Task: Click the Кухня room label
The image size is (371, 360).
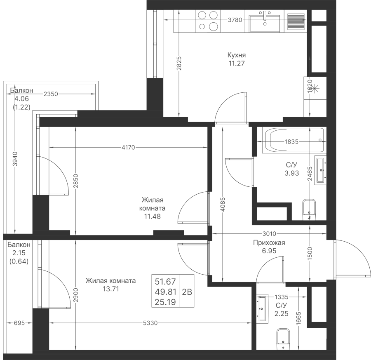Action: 236,55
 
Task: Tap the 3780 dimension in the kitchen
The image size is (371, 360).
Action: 235,20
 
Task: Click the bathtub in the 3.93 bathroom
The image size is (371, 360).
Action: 294,140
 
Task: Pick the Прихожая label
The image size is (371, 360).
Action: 269,242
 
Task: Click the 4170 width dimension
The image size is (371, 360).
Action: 128,148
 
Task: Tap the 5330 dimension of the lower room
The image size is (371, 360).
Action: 150,323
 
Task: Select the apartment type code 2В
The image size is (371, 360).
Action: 187,292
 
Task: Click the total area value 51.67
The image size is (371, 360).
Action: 165,282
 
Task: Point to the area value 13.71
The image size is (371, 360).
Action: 111,289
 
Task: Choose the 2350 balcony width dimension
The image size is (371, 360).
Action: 51,94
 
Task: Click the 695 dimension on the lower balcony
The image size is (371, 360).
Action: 19,323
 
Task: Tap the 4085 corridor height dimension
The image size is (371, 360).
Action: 223,205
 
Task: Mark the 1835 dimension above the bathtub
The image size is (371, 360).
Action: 291,141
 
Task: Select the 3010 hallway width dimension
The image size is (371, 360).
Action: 269,234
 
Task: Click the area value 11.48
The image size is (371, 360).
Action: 153,216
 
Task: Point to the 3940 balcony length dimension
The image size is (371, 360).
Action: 15,159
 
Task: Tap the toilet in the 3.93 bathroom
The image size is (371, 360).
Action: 309,209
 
